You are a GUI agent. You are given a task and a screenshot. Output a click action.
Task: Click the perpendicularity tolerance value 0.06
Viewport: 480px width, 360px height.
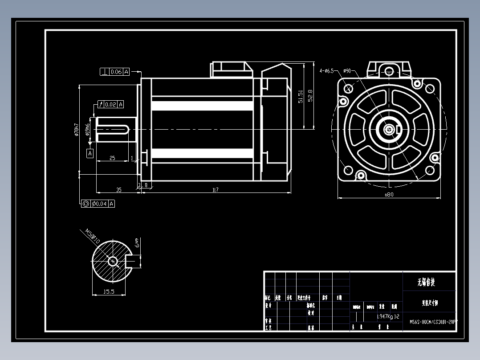[x=116, y=72]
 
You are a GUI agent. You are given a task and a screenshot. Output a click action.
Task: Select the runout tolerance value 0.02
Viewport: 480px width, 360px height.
[x=110, y=104]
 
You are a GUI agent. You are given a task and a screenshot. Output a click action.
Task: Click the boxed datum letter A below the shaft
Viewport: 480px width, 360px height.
[x=90, y=153]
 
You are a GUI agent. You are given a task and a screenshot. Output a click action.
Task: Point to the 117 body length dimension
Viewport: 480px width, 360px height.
[x=215, y=190]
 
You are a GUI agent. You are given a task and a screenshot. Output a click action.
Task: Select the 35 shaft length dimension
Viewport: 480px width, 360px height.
[x=118, y=190]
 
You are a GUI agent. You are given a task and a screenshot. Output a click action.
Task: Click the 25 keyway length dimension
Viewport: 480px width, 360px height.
[x=112, y=158]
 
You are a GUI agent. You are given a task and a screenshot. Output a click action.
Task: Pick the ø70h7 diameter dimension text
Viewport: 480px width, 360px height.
[x=76, y=129]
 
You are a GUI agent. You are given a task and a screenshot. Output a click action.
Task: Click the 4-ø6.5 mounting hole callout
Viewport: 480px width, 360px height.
[x=326, y=70]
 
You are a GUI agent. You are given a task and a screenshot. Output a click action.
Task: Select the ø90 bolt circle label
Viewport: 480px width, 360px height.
[x=347, y=70]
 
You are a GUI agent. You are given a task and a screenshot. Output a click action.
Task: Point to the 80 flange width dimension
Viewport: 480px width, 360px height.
[x=389, y=194]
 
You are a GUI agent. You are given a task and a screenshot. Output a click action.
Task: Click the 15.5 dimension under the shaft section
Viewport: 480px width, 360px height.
[x=109, y=292]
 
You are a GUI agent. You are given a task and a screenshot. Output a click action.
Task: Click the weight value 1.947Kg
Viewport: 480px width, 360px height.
[x=385, y=316]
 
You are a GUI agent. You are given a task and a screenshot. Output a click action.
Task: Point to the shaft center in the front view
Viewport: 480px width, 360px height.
[x=390, y=129]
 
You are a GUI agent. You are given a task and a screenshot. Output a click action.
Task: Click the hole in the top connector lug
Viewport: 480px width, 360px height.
[x=389, y=71]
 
